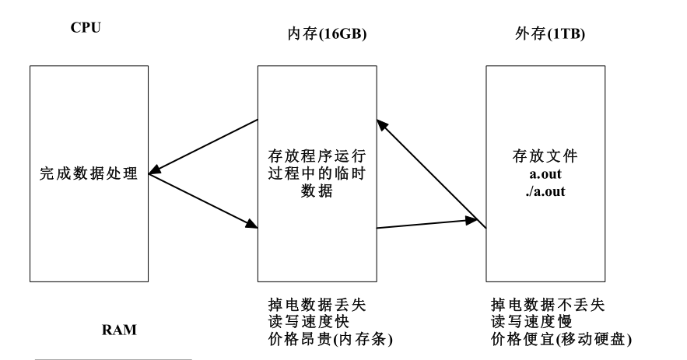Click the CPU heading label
pyautogui.click(x=86, y=29)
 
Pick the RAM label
pyautogui.click(x=120, y=330)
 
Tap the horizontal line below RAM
pyautogui.click(x=114, y=359)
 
